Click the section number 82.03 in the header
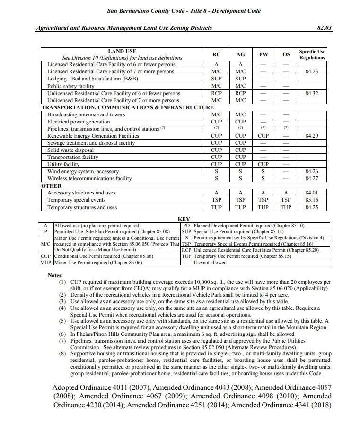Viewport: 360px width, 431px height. pyautogui.click(x=325, y=28)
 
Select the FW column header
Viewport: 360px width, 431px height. pyautogui.click(x=263, y=54)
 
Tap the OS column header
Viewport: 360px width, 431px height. pyautogui.click(x=286, y=54)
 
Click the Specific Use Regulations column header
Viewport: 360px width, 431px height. pyautogui.click(x=312, y=54)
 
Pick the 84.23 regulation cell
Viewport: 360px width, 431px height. pyautogui.click(x=312, y=71)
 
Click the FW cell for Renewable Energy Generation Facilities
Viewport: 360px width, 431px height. pyautogui.click(x=263, y=136)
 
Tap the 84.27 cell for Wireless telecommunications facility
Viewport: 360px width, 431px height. pyautogui.click(x=312, y=178)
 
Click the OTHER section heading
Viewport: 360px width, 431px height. pyautogui.click(x=52, y=186)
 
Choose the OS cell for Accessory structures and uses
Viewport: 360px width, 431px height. pyautogui.click(x=286, y=193)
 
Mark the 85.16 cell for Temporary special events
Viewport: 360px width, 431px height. pyautogui.click(x=312, y=200)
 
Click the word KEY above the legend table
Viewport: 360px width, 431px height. pyautogui.click(x=184, y=219)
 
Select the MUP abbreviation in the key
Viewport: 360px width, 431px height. pyautogui.click(x=45, y=262)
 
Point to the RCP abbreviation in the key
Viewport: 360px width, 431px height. pyautogui.click(x=186, y=250)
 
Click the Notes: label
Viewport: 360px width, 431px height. pyautogui.click(x=57, y=275)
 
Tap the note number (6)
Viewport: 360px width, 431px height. pyautogui.click(x=62, y=334)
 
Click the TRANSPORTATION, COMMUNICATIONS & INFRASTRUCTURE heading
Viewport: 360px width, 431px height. pyautogui.click(x=127, y=107)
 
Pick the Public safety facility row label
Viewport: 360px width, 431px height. pyautogui.click(x=71, y=86)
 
